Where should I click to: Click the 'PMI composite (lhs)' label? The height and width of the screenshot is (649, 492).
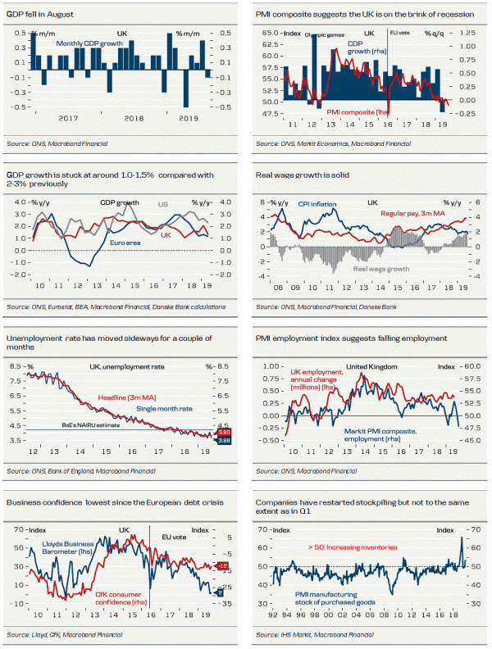click(358, 111)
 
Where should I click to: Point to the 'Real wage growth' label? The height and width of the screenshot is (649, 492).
click(383, 268)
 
